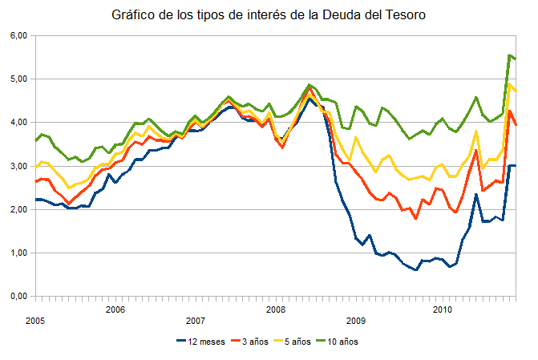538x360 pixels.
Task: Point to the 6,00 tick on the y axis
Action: tap(18, 36)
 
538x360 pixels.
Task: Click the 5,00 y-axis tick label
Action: tap(18, 79)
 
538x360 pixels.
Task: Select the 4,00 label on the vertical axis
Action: tap(18, 123)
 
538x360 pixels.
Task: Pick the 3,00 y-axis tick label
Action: tap(18, 166)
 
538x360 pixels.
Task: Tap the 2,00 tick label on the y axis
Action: tap(18, 209)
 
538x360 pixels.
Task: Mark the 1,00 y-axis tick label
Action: tap(18, 253)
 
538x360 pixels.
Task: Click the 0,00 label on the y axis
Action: tap(18, 296)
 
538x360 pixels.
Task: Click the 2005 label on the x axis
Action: tap(34, 321)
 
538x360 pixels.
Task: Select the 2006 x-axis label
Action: tap(115, 309)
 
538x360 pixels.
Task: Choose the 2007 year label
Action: tap(195, 321)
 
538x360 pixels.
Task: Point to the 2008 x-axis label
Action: tap(275, 309)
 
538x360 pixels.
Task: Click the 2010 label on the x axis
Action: tap(441, 309)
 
